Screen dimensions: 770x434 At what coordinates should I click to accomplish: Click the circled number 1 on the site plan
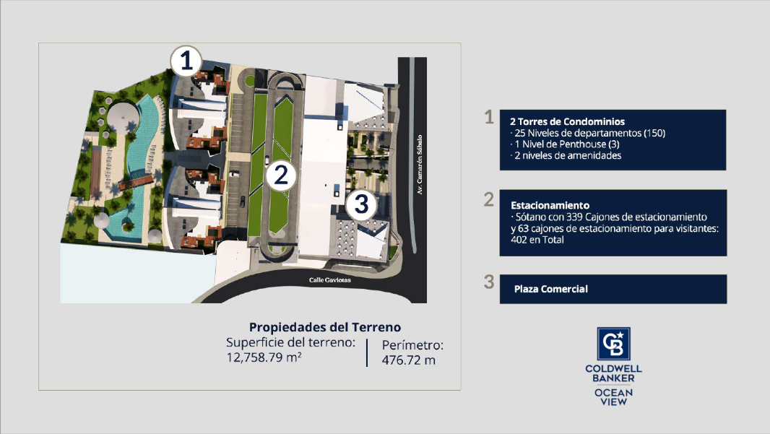[186, 61]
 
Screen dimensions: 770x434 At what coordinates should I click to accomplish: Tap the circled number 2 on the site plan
[281, 175]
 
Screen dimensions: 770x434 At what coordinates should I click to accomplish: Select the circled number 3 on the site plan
[361, 204]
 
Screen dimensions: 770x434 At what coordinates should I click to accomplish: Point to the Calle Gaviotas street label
[330, 280]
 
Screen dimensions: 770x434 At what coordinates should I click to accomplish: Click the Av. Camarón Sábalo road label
[420, 165]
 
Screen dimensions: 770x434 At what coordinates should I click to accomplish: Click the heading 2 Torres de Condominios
[567, 121]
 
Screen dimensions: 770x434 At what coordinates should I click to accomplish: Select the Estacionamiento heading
[550, 205]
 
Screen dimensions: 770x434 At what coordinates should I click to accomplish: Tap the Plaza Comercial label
[551, 289]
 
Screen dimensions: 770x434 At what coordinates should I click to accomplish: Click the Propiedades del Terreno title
[325, 327]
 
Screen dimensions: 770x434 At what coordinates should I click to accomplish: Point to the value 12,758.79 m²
[264, 357]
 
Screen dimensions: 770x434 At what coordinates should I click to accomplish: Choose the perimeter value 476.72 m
[409, 360]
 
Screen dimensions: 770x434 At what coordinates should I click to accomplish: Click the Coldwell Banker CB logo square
[613, 344]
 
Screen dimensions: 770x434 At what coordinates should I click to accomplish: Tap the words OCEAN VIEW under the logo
[613, 396]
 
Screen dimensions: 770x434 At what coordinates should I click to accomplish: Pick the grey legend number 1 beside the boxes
[488, 117]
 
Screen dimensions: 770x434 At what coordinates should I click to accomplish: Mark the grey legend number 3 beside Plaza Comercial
[488, 282]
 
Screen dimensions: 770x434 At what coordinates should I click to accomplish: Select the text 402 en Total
[537, 240]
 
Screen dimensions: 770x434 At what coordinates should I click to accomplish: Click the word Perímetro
[412, 345]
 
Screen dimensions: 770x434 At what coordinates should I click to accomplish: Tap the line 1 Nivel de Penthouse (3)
[566, 144]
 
